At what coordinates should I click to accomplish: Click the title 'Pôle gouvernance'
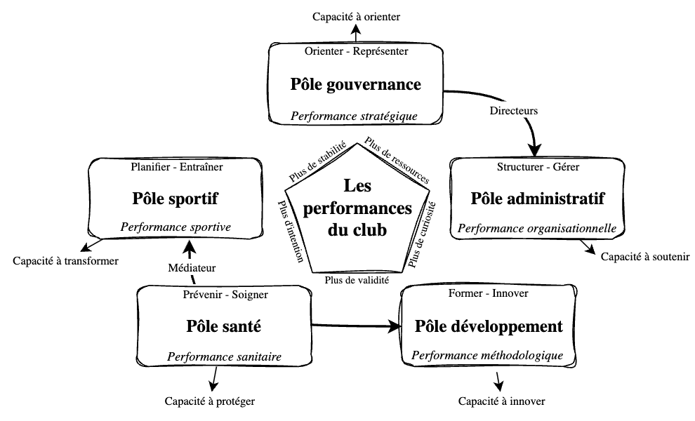(356, 85)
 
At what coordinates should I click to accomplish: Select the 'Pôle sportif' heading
(175, 199)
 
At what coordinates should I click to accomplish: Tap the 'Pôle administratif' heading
(538, 199)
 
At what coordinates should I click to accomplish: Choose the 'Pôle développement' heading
(489, 326)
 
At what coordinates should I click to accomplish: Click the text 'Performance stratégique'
(355, 115)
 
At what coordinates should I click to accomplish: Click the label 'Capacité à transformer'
(65, 260)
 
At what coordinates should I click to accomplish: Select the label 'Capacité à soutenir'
(646, 256)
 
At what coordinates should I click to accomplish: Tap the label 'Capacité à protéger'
(210, 401)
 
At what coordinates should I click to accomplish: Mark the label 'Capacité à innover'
(501, 401)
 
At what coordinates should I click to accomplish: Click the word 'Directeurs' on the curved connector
(512, 111)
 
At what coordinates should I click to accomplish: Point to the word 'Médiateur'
(192, 267)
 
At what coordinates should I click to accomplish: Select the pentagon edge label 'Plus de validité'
(357, 279)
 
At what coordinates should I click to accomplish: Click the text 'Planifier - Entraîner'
(177, 167)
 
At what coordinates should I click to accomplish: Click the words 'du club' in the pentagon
(357, 229)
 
